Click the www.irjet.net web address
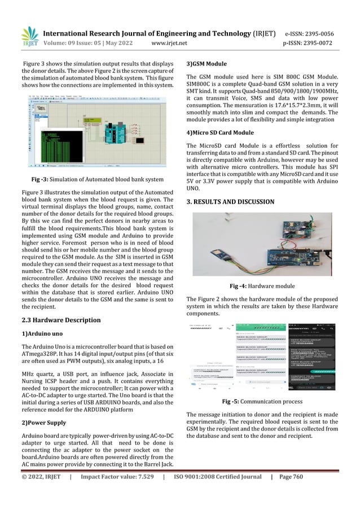click(x=173, y=42)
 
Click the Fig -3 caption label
click(x=40, y=179)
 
